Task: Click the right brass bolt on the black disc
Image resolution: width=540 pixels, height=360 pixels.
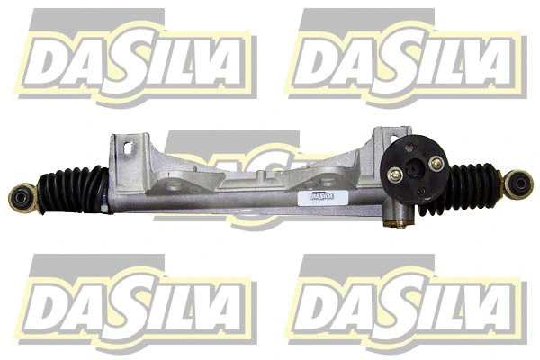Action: pyautogui.click(x=437, y=163)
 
